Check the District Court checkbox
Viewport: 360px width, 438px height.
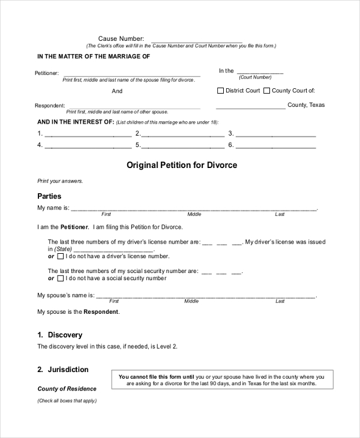click(x=220, y=91)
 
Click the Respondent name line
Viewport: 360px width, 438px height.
click(x=132, y=106)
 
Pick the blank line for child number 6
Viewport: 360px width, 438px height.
click(x=275, y=146)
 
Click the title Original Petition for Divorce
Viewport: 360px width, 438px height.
click(x=182, y=165)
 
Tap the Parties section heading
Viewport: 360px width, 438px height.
click(x=49, y=196)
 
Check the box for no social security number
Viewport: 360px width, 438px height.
click(x=60, y=279)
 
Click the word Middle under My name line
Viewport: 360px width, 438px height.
click(x=194, y=214)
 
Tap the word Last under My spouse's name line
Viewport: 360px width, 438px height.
click(x=280, y=301)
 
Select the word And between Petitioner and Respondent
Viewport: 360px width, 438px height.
click(x=117, y=91)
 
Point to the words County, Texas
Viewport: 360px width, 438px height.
click(x=306, y=105)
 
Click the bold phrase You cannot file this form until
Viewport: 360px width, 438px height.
click(x=155, y=377)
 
